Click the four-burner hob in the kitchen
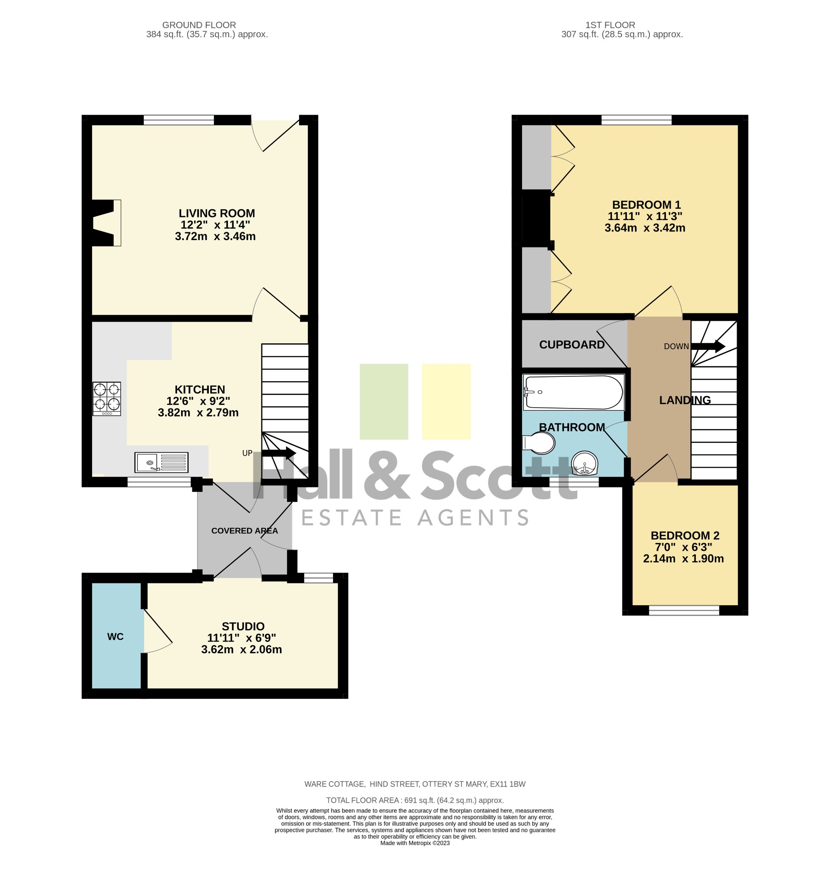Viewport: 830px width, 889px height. [106, 398]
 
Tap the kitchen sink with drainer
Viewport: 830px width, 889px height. [161, 462]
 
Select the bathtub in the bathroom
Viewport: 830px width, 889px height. [573, 392]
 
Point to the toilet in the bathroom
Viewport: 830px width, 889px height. [538, 443]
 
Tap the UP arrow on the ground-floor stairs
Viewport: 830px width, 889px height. [278, 453]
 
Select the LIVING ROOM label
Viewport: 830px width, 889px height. [217, 213]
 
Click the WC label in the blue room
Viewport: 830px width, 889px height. [115, 636]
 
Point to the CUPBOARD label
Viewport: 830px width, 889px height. [572, 345]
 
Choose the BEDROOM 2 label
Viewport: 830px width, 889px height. [685, 535]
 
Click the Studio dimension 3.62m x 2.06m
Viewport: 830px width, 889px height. [241, 649]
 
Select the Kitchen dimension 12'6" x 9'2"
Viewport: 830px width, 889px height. [198, 401]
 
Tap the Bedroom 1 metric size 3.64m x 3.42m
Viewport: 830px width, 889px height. [645, 227]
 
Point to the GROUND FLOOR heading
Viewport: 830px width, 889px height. [199, 25]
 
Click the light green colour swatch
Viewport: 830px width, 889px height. [384, 402]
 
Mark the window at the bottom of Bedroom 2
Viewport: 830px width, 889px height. [684, 610]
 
